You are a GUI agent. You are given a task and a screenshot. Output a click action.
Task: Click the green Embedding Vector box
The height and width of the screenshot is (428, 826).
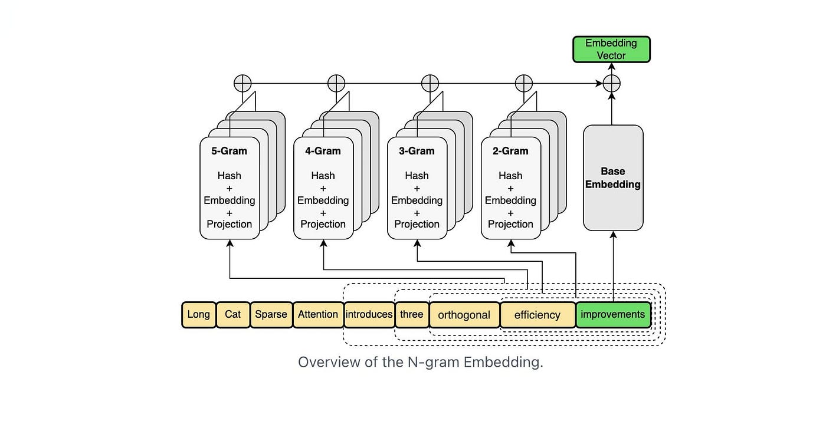tap(611, 50)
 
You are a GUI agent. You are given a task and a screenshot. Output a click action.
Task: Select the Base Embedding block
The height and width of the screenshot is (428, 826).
tap(613, 178)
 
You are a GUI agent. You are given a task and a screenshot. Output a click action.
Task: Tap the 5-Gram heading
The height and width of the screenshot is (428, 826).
tap(229, 151)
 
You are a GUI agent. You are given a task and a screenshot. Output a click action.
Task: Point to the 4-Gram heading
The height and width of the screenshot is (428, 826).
tap(323, 151)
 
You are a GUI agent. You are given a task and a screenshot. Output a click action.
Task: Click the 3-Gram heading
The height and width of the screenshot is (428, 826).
tap(417, 151)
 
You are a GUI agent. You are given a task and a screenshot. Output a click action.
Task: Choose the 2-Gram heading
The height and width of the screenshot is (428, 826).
tap(510, 151)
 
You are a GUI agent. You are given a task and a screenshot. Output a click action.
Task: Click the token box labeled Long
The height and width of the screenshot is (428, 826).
tap(199, 315)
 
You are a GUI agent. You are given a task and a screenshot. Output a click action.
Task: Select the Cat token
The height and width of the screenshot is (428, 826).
tap(233, 315)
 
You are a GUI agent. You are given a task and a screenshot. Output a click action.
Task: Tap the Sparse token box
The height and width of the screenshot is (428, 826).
tap(271, 315)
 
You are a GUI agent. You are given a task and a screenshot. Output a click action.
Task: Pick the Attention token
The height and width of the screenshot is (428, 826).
tap(318, 315)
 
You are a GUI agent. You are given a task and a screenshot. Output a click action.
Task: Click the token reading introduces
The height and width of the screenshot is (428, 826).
tap(369, 315)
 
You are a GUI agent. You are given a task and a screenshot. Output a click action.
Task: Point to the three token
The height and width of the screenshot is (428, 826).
tap(412, 315)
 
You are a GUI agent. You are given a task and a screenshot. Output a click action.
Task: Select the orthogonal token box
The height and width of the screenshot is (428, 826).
tap(464, 315)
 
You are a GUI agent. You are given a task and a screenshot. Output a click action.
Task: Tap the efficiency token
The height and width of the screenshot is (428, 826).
tap(537, 315)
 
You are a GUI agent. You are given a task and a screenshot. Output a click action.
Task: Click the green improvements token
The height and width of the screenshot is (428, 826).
tap(613, 315)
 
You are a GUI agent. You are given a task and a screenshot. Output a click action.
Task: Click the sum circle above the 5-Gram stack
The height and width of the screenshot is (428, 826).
tap(242, 84)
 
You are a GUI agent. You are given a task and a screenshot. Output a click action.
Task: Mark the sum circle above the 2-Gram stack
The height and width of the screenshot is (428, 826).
tap(524, 84)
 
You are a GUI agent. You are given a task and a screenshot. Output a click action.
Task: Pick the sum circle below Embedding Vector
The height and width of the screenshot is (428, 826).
tap(612, 84)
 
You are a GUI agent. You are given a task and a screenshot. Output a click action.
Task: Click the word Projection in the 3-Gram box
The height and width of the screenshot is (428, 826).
tap(417, 224)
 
